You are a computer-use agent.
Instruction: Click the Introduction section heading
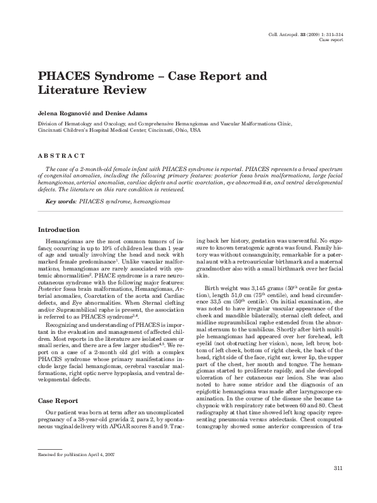click(x=59, y=229)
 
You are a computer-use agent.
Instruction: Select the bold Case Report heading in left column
click(x=58, y=401)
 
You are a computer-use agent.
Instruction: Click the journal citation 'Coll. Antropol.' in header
click(x=288, y=34)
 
